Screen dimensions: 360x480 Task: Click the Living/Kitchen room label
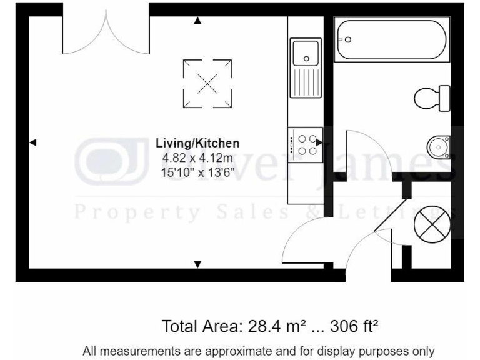pyautogui.click(x=197, y=143)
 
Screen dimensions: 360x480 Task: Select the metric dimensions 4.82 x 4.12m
pyautogui.click(x=197, y=157)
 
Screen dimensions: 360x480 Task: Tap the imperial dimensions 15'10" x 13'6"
pyautogui.click(x=197, y=171)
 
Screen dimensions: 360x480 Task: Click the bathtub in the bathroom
pyautogui.click(x=391, y=39)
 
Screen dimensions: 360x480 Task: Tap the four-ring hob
pyautogui.click(x=306, y=144)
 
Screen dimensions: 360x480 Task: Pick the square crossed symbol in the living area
pyautogui.click(x=207, y=82)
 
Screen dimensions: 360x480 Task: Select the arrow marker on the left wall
pyautogui.click(x=34, y=143)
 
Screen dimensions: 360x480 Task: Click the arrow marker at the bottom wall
pyautogui.click(x=198, y=265)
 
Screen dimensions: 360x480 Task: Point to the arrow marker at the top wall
pyautogui.click(x=198, y=21)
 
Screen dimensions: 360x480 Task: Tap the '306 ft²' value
pyautogui.click(x=356, y=326)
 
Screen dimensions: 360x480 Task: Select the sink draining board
pyautogui.click(x=306, y=82)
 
